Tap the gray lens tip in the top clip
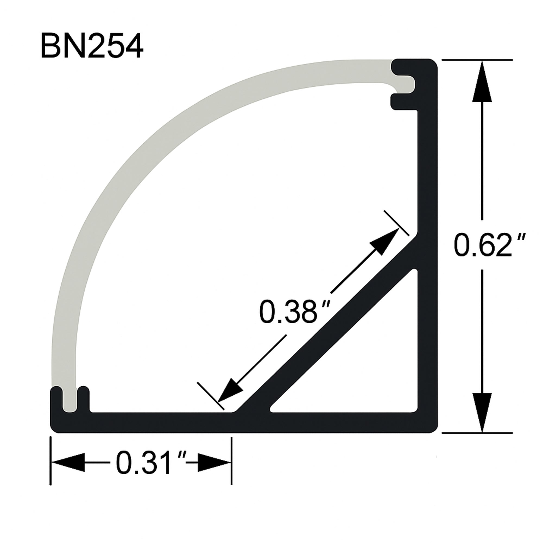(405, 84)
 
